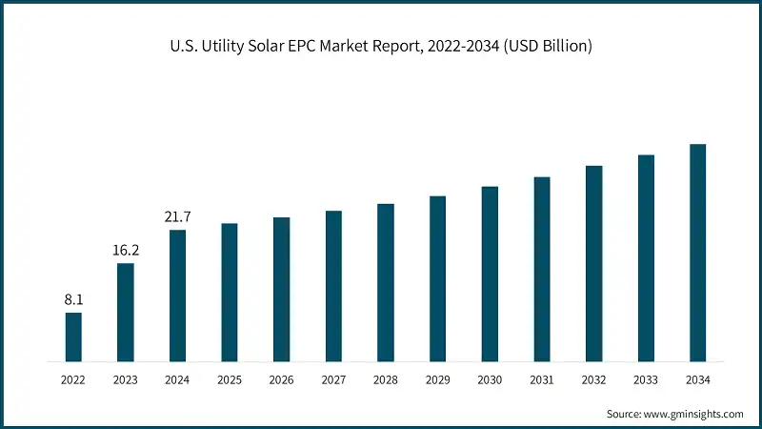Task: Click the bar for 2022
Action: click(x=73, y=337)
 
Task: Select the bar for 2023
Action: click(x=126, y=313)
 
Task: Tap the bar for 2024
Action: click(x=177, y=296)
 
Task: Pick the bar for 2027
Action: click(x=333, y=286)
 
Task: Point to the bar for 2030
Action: click(x=490, y=275)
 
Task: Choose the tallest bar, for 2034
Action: click(x=697, y=254)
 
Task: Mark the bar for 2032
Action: click(x=593, y=264)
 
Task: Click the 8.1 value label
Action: click(x=73, y=299)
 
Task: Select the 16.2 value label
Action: click(x=126, y=250)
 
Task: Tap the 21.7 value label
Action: click(x=177, y=216)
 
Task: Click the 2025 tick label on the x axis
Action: click(x=230, y=379)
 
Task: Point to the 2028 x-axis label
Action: click(x=386, y=379)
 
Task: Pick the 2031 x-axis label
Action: click(x=541, y=379)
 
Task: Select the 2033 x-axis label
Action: click(x=646, y=379)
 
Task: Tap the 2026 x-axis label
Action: click(x=281, y=379)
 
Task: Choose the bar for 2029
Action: click(x=437, y=279)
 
